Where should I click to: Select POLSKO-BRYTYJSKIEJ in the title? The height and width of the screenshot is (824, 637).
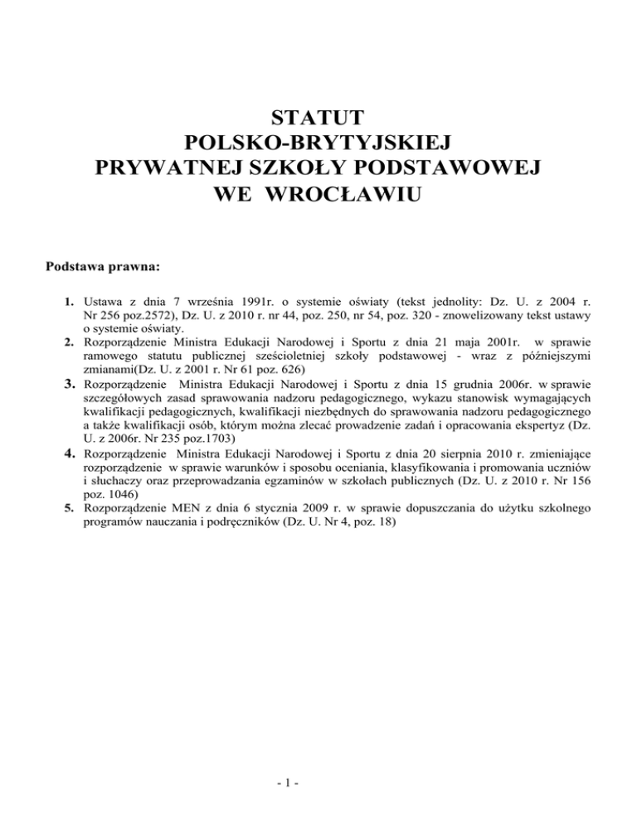click(318, 142)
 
